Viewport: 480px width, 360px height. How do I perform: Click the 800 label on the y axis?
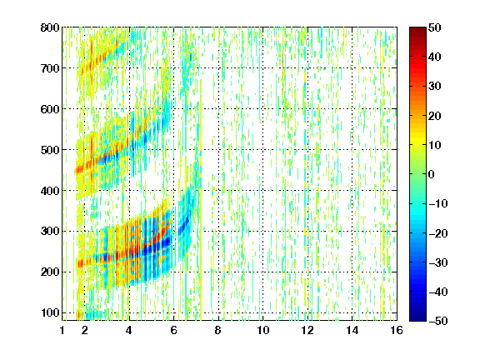coord(50,27)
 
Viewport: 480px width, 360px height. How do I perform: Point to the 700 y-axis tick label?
coord(50,68)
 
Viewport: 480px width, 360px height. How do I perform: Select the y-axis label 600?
coord(50,109)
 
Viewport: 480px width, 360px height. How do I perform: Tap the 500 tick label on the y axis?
coord(50,150)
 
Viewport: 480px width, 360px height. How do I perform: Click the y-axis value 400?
coord(50,191)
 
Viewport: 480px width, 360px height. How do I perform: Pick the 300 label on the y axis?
coord(50,232)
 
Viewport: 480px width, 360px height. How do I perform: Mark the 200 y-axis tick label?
coord(50,272)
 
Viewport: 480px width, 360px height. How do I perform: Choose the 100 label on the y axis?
coord(50,312)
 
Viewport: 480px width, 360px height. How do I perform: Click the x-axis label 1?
coord(62,330)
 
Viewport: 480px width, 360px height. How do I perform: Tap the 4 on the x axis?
coord(129,330)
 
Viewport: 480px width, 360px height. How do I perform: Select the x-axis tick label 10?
coord(263,330)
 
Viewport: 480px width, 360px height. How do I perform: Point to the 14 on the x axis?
coord(352,330)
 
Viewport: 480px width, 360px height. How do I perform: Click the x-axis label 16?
coord(397,330)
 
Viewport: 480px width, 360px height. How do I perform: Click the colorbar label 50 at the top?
coord(435,27)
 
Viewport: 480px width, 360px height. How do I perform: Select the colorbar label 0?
coord(432,174)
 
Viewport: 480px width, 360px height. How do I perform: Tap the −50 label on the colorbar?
coord(438,321)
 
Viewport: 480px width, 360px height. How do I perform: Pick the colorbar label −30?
coord(438,262)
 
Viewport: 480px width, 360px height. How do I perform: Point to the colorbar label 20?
coord(435,116)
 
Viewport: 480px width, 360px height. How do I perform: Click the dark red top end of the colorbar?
coord(417,29)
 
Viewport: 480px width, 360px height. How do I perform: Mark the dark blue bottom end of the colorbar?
coord(417,319)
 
